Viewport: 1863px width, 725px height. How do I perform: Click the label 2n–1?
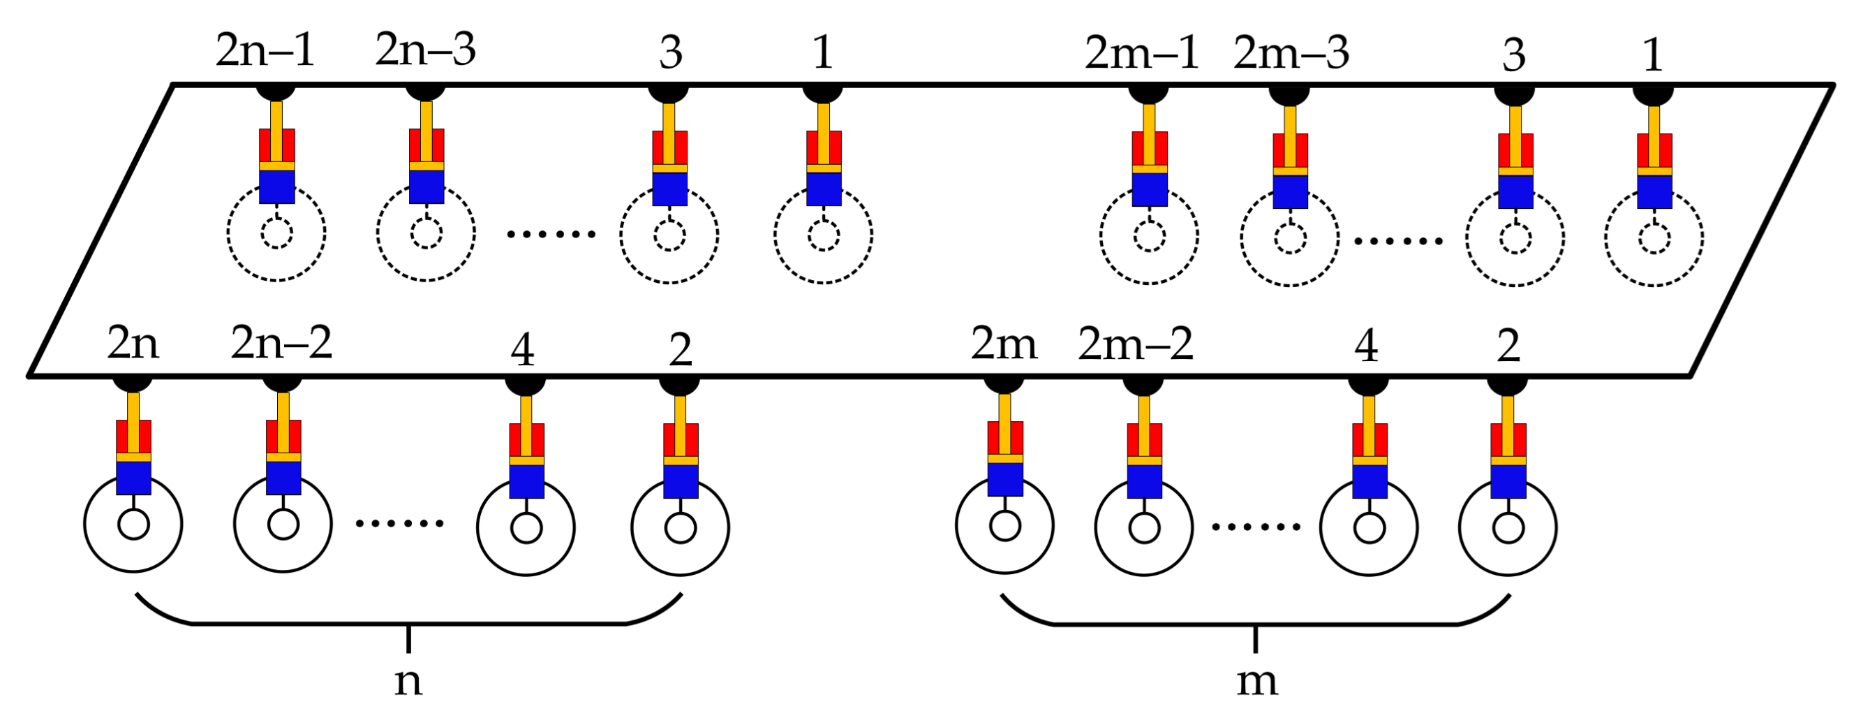point(265,52)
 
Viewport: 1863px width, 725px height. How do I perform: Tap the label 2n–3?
point(425,51)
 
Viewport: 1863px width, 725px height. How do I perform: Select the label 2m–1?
point(1142,54)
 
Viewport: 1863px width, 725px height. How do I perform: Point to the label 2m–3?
point(1291,54)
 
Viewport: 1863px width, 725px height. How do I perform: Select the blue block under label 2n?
point(134,478)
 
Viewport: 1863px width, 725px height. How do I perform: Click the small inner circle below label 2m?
point(1004,526)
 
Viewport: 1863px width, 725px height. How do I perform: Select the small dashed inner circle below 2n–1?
point(276,234)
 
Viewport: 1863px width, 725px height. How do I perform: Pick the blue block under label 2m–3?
point(1290,192)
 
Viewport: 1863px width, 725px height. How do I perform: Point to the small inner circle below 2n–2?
point(283,525)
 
